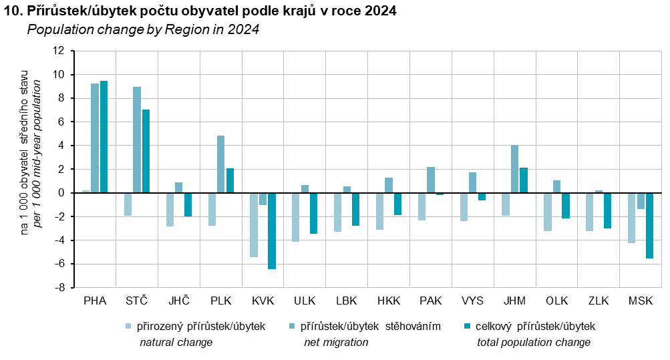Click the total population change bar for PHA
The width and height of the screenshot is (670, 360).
pos(104,137)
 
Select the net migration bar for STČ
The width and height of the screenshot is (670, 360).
pos(137,140)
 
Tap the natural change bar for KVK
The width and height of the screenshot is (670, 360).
pos(254,225)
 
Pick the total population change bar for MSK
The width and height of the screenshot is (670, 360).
pos(649,226)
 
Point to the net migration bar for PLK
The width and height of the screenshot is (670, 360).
pos(221,164)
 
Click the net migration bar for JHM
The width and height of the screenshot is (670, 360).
pos(514,169)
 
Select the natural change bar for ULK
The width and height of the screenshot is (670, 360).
pos(296,217)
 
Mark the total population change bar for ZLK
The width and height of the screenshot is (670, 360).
pos(607,210)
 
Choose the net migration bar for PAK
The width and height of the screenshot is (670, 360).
pos(431,180)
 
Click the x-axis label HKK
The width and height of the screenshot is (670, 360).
pos(389,301)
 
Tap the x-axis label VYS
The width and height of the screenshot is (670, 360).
pos(473,301)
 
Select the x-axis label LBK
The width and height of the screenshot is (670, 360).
pos(347,301)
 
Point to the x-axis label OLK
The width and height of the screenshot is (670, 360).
pos(556,301)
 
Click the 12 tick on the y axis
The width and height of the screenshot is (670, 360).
pos(59,51)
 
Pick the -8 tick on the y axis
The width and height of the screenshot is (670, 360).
pos(59,288)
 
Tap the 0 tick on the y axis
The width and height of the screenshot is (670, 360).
pos(61,193)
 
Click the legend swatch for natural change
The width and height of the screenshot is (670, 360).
pos(128,327)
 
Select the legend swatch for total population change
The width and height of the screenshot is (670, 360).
pos(467,327)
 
